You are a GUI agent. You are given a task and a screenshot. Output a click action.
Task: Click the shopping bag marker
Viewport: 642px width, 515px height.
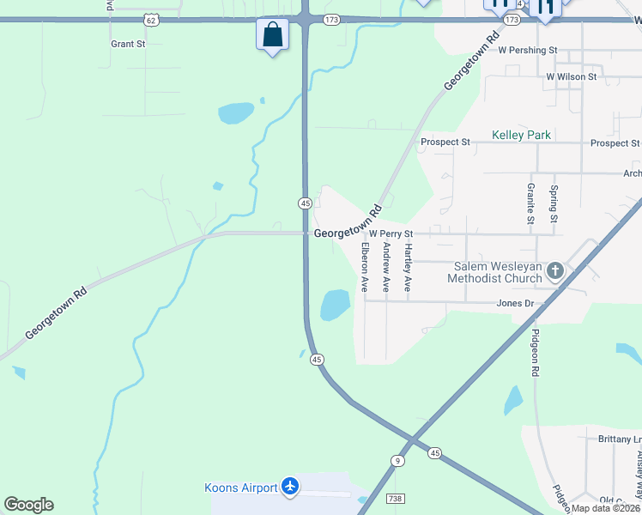click(272, 36)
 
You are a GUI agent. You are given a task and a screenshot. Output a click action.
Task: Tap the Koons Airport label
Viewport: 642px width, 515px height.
click(240, 488)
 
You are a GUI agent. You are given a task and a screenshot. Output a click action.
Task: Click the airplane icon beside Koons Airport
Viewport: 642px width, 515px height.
click(290, 488)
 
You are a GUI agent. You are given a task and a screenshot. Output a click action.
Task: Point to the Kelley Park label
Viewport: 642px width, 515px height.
click(521, 136)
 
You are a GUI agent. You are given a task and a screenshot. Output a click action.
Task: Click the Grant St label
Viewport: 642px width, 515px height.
click(128, 43)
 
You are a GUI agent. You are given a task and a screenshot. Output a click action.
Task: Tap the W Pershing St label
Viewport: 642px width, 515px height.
click(528, 51)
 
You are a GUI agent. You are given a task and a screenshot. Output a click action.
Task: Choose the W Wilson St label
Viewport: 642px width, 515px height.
click(571, 77)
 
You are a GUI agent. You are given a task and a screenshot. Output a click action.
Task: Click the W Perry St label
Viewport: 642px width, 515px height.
click(391, 233)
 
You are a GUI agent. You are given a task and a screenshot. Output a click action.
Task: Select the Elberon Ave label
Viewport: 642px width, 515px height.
click(365, 268)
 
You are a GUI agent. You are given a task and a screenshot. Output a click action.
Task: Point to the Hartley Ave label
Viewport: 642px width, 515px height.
click(409, 268)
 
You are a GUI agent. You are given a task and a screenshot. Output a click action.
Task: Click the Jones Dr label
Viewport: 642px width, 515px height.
click(515, 304)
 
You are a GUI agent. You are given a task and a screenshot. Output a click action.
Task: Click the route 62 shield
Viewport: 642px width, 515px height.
click(151, 18)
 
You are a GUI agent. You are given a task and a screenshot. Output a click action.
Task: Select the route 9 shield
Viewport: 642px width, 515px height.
click(397, 461)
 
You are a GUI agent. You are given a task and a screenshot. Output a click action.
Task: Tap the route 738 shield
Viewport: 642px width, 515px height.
click(395, 498)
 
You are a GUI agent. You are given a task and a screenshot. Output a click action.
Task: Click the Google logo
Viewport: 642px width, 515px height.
click(28, 505)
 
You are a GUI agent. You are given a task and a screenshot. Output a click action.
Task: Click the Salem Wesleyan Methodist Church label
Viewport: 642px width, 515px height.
click(494, 272)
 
